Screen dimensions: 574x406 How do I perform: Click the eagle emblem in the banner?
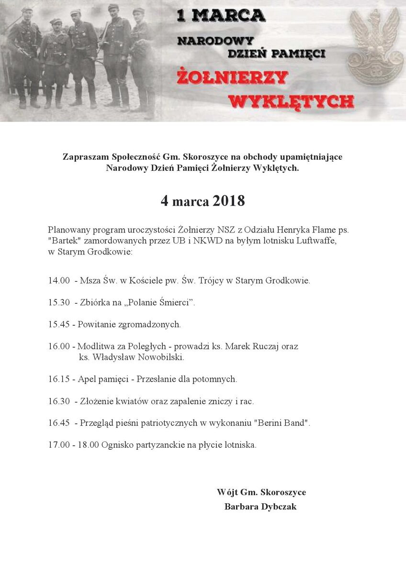(x=375, y=48)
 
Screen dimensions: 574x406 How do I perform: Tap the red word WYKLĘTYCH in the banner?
(x=291, y=101)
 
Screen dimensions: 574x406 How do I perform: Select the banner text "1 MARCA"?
(x=221, y=16)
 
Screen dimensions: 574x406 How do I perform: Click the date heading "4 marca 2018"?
(x=203, y=201)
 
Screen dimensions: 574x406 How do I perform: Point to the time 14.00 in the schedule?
(x=59, y=281)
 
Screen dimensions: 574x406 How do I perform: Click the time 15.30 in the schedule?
(x=59, y=303)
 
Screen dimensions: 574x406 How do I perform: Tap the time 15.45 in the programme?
(x=59, y=325)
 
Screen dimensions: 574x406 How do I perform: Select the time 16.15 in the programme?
(x=59, y=379)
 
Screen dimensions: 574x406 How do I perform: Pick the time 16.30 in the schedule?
(x=59, y=401)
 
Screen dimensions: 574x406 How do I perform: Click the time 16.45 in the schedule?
(x=59, y=423)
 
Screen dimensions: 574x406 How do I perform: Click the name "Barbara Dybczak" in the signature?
(x=260, y=507)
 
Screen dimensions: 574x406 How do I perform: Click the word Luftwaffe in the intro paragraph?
(x=318, y=241)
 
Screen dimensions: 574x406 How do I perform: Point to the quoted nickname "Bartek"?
(x=62, y=241)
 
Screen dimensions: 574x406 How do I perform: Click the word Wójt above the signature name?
(x=226, y=493)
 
